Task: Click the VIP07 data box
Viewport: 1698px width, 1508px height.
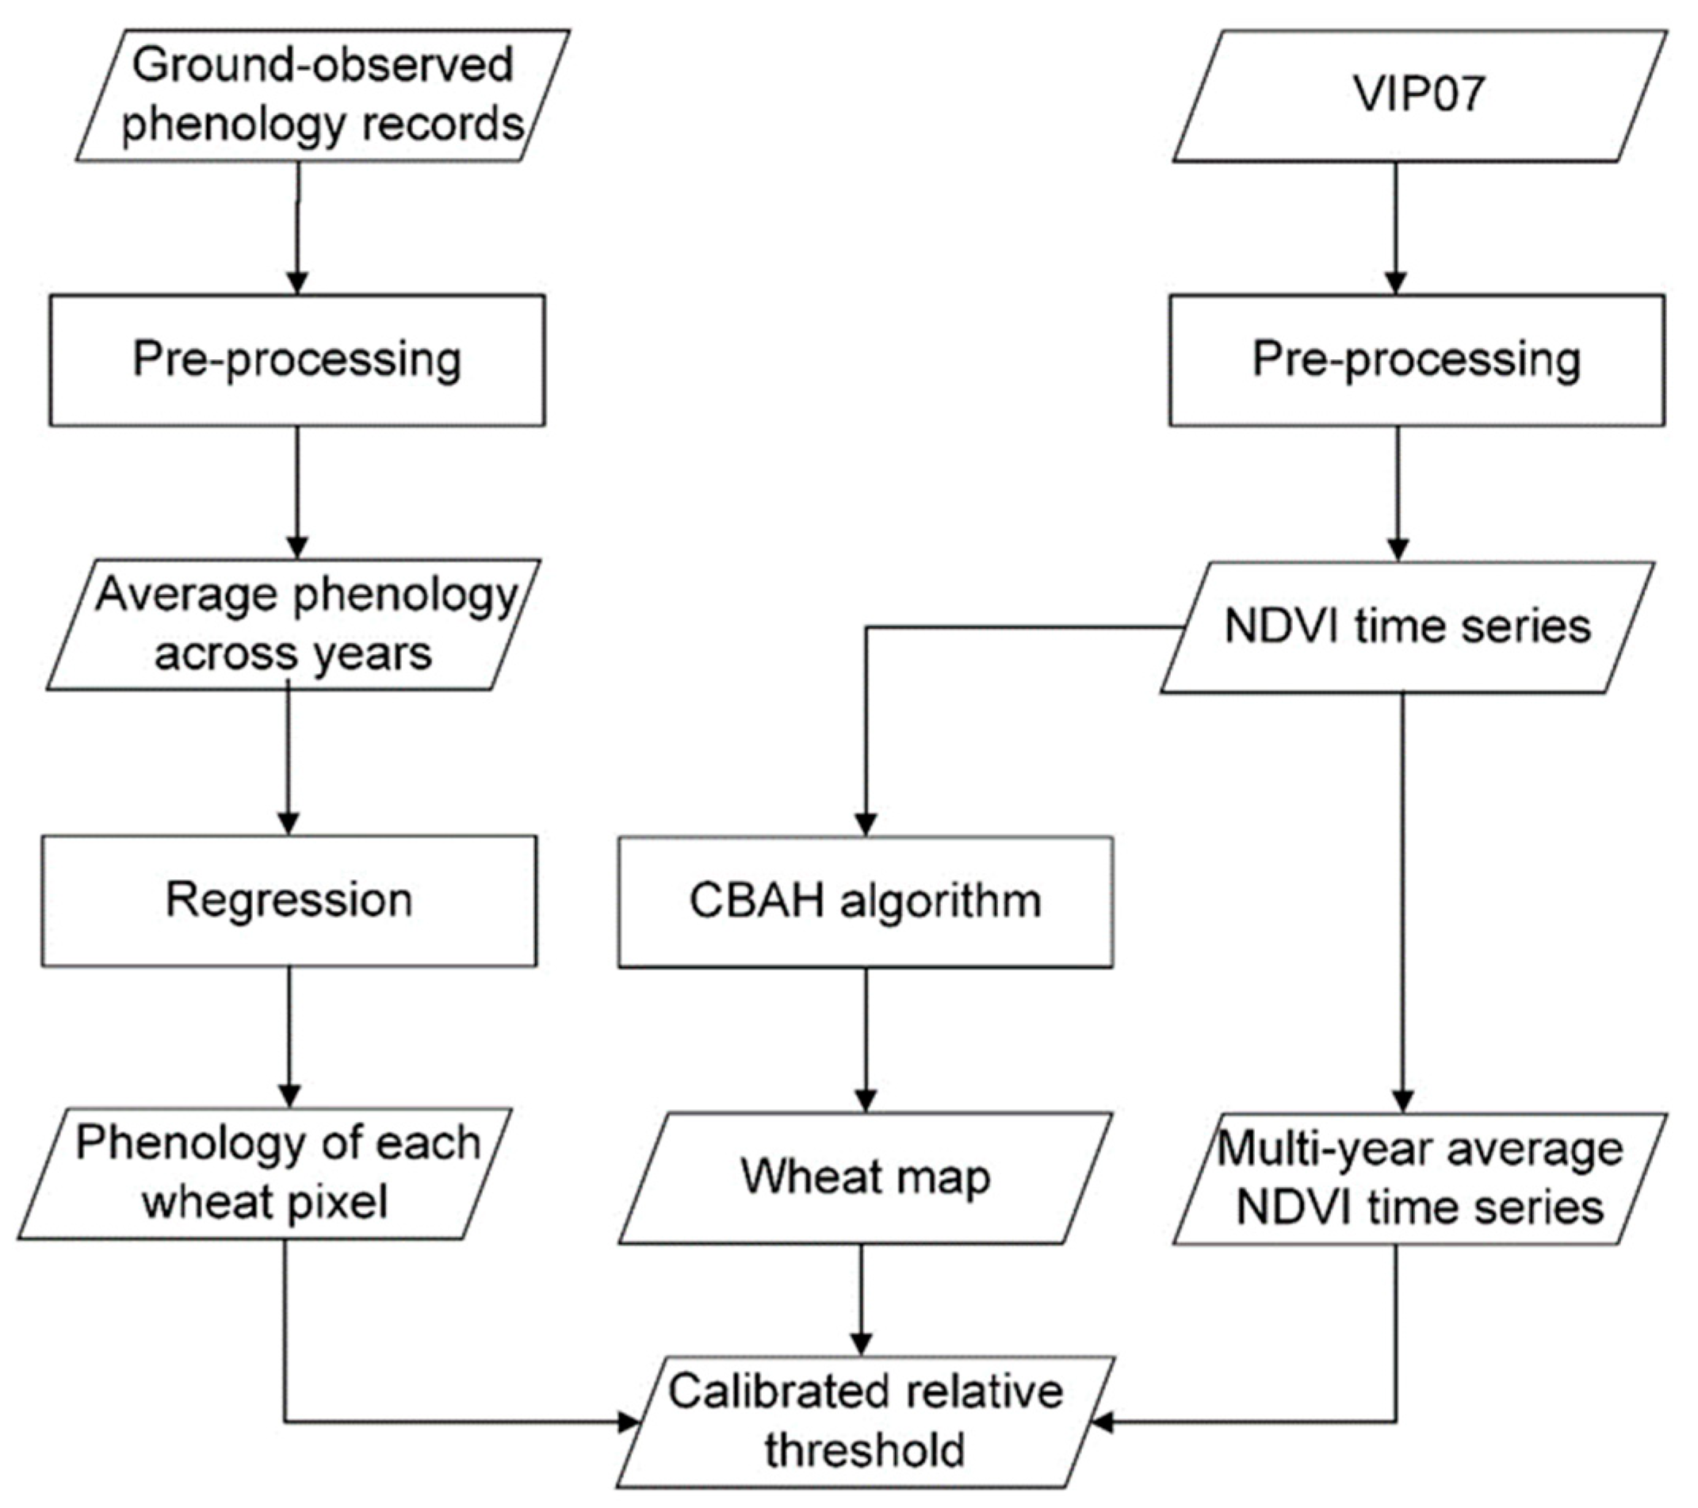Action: coord(1419,96)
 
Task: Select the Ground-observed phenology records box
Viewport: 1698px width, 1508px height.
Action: coord(323,96)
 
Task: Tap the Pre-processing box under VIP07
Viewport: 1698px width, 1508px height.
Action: coord(1417,361)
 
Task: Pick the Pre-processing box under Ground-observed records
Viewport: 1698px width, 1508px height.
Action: coord(296,361)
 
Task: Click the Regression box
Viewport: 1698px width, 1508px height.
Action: coord(289,901)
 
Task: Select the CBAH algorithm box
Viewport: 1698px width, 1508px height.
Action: coord(865,901)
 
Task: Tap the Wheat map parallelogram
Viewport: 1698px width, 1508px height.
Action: coord(865,1177)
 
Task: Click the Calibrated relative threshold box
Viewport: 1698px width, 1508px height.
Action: coord(865,1421)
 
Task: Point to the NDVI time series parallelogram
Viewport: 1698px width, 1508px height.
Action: coord(1407,627)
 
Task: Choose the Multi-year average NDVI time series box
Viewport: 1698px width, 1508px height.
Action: coord(1419,1178)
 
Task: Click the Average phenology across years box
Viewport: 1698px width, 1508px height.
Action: coord(294,625)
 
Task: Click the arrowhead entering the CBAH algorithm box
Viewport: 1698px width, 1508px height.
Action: coord(866,825)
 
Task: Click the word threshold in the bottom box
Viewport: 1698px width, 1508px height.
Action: coord(865,1451)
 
